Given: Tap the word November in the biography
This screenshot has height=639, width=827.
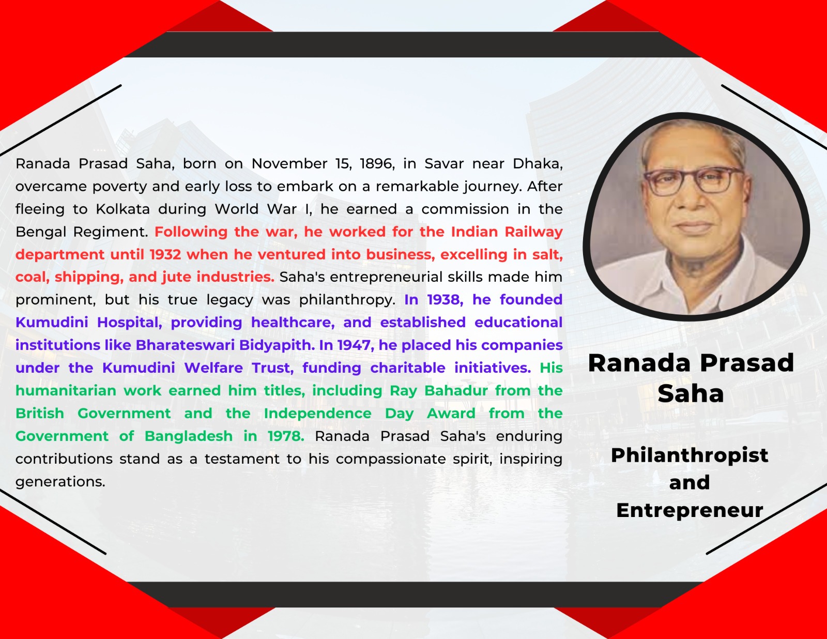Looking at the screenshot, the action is pyautogui.click(x=289, y=164).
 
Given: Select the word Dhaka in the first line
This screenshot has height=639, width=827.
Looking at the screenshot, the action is pyautogui.click(x=538, y=164).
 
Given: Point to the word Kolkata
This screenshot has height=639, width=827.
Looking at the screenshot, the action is pyautogui.click(x=123, y=209).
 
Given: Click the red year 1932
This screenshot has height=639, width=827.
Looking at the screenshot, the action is pyautogui.click(x=165, y=254).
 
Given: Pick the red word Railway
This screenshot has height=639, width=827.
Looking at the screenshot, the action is pyautogui.click(x=533, y=232).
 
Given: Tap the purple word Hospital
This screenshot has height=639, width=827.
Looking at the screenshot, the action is pyautogui.click(x=130, y=323).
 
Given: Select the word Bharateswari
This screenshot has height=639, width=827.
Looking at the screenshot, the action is pyautogui.click(x=185, y=345).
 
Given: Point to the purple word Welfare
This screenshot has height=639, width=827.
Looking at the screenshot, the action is pyautogui.click(x=213, y=368).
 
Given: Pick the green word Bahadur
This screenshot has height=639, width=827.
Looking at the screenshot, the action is pyautogui.click(x=456, y=390).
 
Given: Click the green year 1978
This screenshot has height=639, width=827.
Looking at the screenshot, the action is pyautogui.click(x=286, y=436).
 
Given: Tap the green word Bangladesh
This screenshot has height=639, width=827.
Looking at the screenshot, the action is pyautogui.click(x=188, y=436).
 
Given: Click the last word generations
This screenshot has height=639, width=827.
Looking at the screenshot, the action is pyautogui.click(x=60, y=482).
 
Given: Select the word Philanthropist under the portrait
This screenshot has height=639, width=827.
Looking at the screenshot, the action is pyautogui.click(x=689, y=455).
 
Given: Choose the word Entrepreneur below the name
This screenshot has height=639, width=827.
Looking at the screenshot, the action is pyautogui.click(x=689, y=510).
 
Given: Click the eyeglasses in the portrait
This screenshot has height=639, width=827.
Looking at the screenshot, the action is pyautogui.click(x=693, y=181).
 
